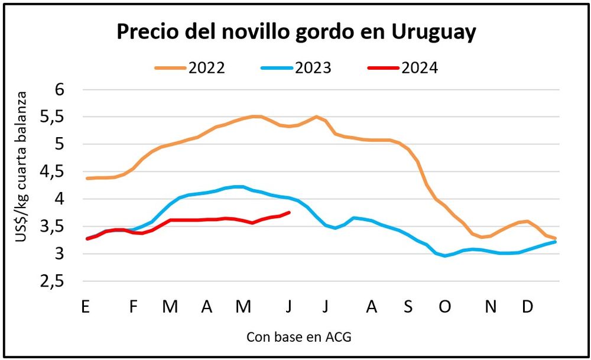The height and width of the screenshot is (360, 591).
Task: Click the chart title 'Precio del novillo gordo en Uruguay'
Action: pyautogui.click(x=295, y=33)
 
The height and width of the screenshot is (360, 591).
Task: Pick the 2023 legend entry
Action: pyautogui.click(x=296, y=67)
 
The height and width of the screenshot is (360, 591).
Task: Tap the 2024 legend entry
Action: pyautogui.click(x=402, y=67)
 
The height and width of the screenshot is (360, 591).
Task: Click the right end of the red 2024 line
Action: pyautogui.click(x=290, y=212)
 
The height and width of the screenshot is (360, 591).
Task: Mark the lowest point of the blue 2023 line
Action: pyautogui.click(x=445, y=256)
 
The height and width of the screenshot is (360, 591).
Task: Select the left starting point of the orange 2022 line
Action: pyautogui.click(x=87, y=179)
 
